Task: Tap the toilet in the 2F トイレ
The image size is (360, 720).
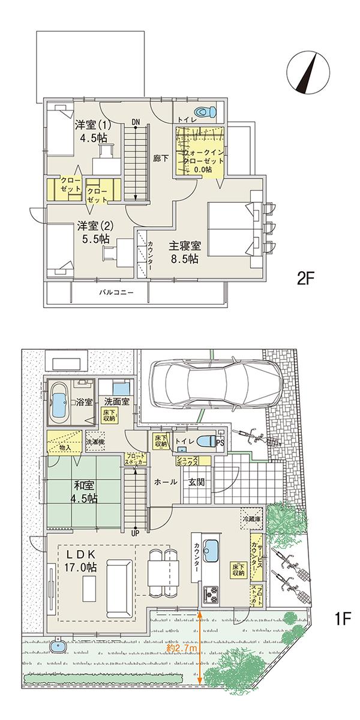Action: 206,112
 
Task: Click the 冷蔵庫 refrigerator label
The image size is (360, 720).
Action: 251,517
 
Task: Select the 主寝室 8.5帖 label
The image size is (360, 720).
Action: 184,253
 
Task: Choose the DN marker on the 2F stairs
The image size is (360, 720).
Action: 136,122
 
